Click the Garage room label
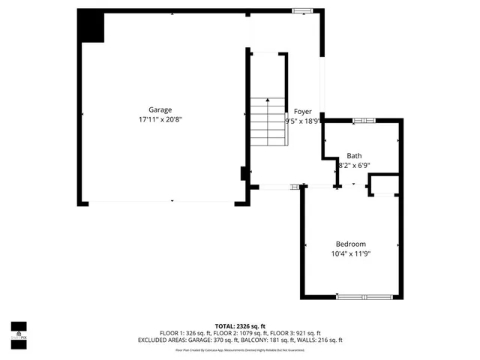coord(160,109)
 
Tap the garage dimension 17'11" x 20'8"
coord(160,119)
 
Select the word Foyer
coord(302,111)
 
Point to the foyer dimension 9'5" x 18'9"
coord(302,120)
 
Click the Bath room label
coord(353,156)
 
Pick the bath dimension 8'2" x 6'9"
coord(355,165)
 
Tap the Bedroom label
coord(350,244)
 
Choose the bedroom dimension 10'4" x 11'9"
coord(350,253)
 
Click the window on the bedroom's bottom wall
coord(364,297)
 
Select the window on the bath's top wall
coord(364,120)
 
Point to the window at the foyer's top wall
coord(302,10)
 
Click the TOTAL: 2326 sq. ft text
coord(240,326)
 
